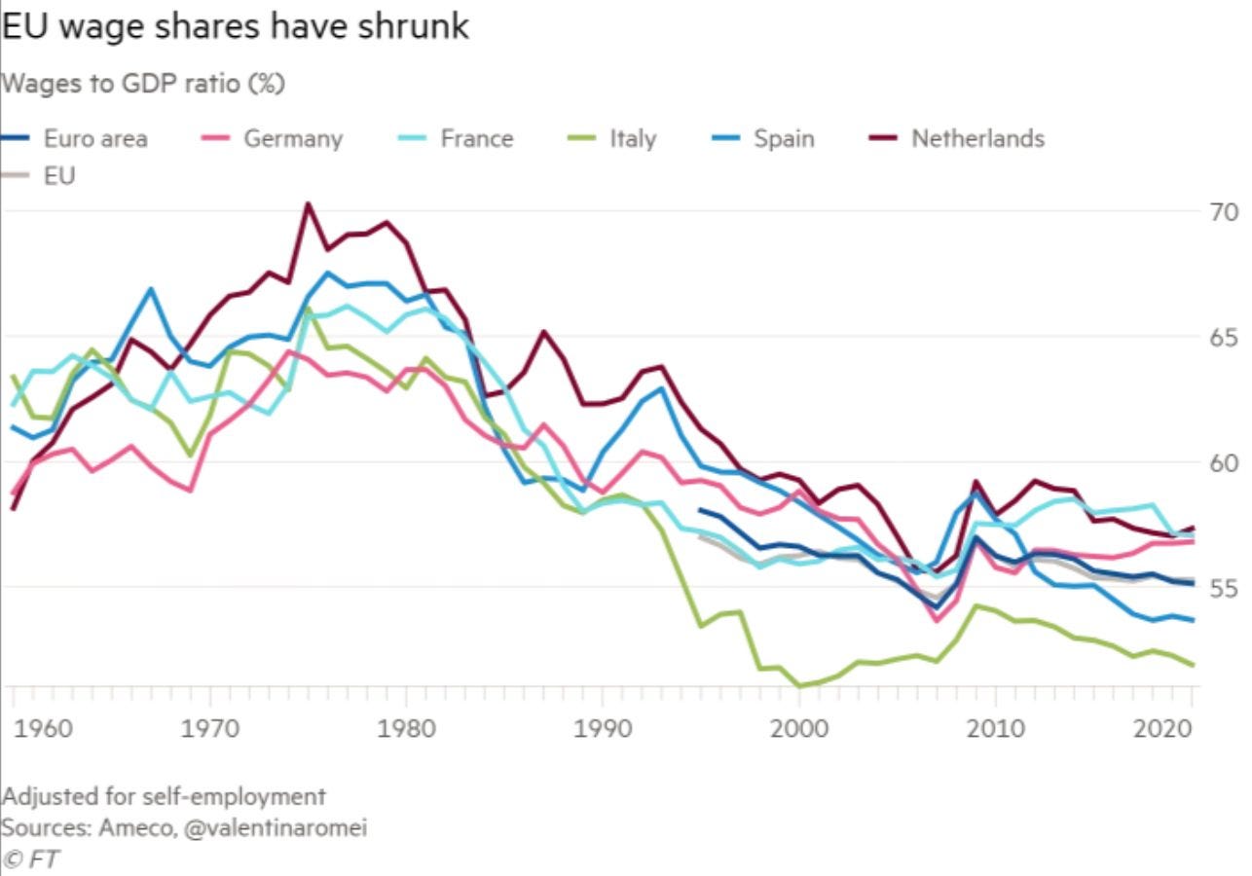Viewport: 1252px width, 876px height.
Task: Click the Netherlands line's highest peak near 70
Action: click(308, 204)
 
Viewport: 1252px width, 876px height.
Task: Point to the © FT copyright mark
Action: click(27, 859)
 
